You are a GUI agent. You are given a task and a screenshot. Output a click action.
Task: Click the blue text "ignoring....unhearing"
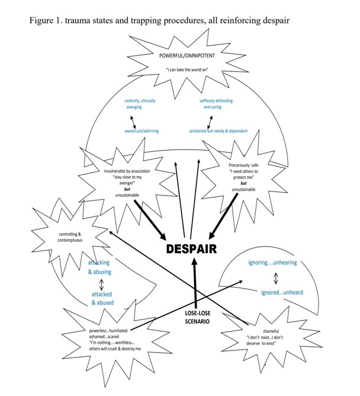click(272, 263)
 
